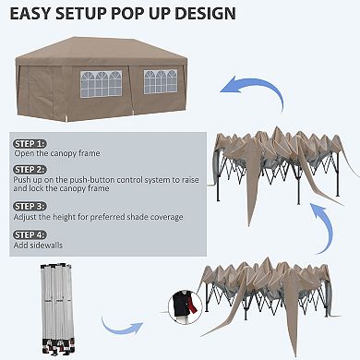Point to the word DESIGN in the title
tap(204, 15)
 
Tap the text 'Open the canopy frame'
tap(56, 153)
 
